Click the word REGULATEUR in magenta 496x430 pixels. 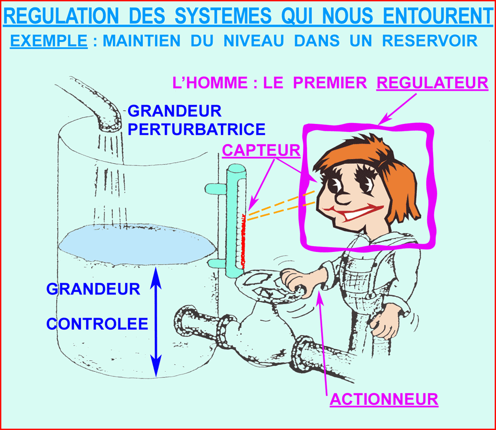coord(432,83)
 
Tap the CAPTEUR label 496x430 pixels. coord(261,150)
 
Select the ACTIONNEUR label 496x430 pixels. coord(384,400)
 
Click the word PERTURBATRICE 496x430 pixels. coord(196,129)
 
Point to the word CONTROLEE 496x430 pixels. coord(97,324)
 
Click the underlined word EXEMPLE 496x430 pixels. coord(49,41)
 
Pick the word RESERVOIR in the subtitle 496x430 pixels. coord(430,41)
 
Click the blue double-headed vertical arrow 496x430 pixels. coord(156,322)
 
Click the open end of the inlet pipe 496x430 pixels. coord(110,126)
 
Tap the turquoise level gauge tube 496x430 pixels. coord(236,220)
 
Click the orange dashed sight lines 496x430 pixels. coord(281,205)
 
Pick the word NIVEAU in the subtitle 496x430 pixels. coord(254,41)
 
